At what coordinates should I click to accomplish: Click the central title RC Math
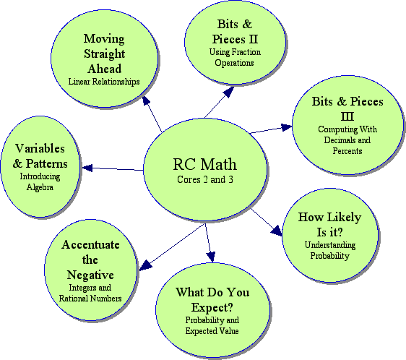[x=204, y=164]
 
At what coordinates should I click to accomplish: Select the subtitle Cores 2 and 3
[x=205, y=179]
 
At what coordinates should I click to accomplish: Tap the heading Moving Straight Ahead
[x=104, y=53]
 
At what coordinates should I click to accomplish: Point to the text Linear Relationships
[x=104, y=82]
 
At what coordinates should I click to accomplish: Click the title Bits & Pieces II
[x=235, y=32]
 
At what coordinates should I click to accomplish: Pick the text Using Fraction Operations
[x=235, y=57]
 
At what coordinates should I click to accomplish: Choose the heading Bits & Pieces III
[x=347, y=108]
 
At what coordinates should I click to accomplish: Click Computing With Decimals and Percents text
[x=347, y=140]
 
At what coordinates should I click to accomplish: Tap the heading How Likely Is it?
[x=329, y=224]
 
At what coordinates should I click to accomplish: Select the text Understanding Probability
[x=330, y=250]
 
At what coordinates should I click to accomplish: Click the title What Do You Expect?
[x=212, y=299]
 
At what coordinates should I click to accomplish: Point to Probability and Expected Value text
[x=212, y=325]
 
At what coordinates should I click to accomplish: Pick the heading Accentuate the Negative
[x=90, y=260]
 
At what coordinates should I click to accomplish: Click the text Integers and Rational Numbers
[x=90, y=293]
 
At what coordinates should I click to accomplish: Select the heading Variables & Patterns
[x=40, y=155]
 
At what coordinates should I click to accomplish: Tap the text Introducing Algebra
[x=40, y=181]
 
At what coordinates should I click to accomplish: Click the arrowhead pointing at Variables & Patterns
[x=87, y=168]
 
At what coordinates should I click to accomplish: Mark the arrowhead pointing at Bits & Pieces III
[x=287, y=127]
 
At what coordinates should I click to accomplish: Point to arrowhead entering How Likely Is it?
[x=277, y=231]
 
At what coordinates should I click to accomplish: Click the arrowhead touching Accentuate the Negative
[x=145, y=265]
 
